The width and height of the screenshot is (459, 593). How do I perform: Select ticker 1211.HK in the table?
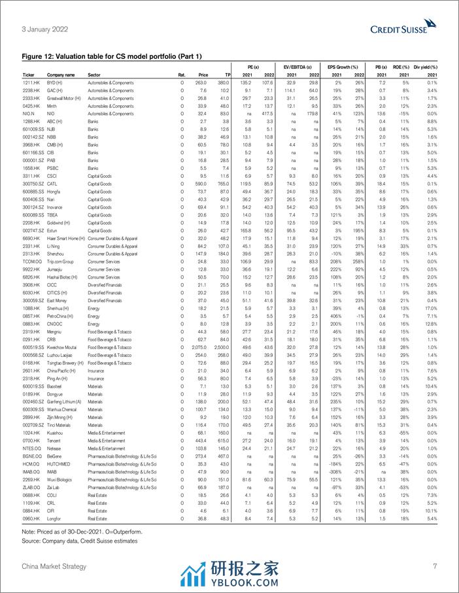[x=33, y=83]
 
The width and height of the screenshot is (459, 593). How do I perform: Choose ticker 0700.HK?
[x=32, y=442]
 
